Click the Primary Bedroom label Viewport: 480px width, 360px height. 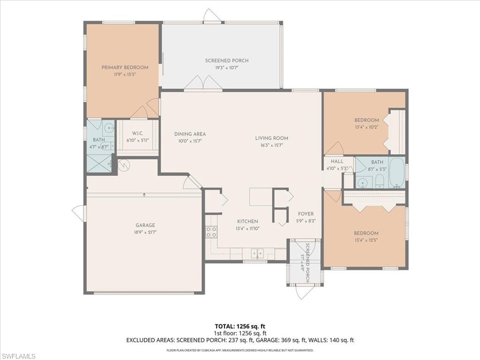125,67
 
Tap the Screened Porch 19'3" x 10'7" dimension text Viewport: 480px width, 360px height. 227,67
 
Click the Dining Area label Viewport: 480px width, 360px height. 190,134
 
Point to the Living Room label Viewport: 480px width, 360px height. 271,138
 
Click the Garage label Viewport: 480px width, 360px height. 145,225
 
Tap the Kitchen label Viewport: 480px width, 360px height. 247,221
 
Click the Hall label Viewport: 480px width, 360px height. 337,161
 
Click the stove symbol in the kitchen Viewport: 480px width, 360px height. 211,232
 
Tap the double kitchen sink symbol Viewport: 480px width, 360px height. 257,254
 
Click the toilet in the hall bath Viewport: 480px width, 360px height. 380,182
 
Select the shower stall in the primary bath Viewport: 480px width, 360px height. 99,163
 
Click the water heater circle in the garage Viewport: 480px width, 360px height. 124,165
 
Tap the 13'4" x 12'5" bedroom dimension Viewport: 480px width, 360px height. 366,240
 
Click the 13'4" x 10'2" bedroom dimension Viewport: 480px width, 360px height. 367,127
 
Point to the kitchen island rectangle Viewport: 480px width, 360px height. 261,196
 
